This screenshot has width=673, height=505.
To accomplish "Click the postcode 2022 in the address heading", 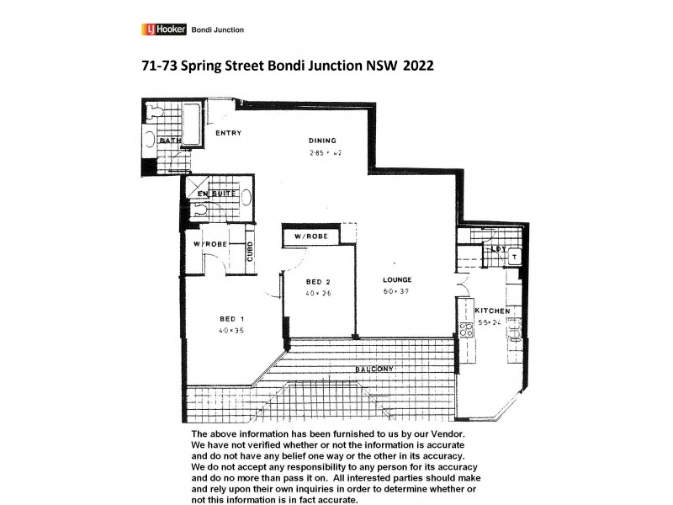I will point(418,66).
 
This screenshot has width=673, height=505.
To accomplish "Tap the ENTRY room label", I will point(229,133).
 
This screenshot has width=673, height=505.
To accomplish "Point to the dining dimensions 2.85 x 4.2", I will point(325,153).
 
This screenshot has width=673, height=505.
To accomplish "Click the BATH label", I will point(170,141).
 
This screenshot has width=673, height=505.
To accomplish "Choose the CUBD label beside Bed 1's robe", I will point(251,251).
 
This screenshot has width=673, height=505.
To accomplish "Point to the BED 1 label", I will point(231,318).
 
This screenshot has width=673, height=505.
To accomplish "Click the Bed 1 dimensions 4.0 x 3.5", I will point(231,331).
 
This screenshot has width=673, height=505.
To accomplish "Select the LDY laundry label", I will point(496,249).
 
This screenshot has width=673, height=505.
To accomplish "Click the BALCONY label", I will point(374,369).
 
